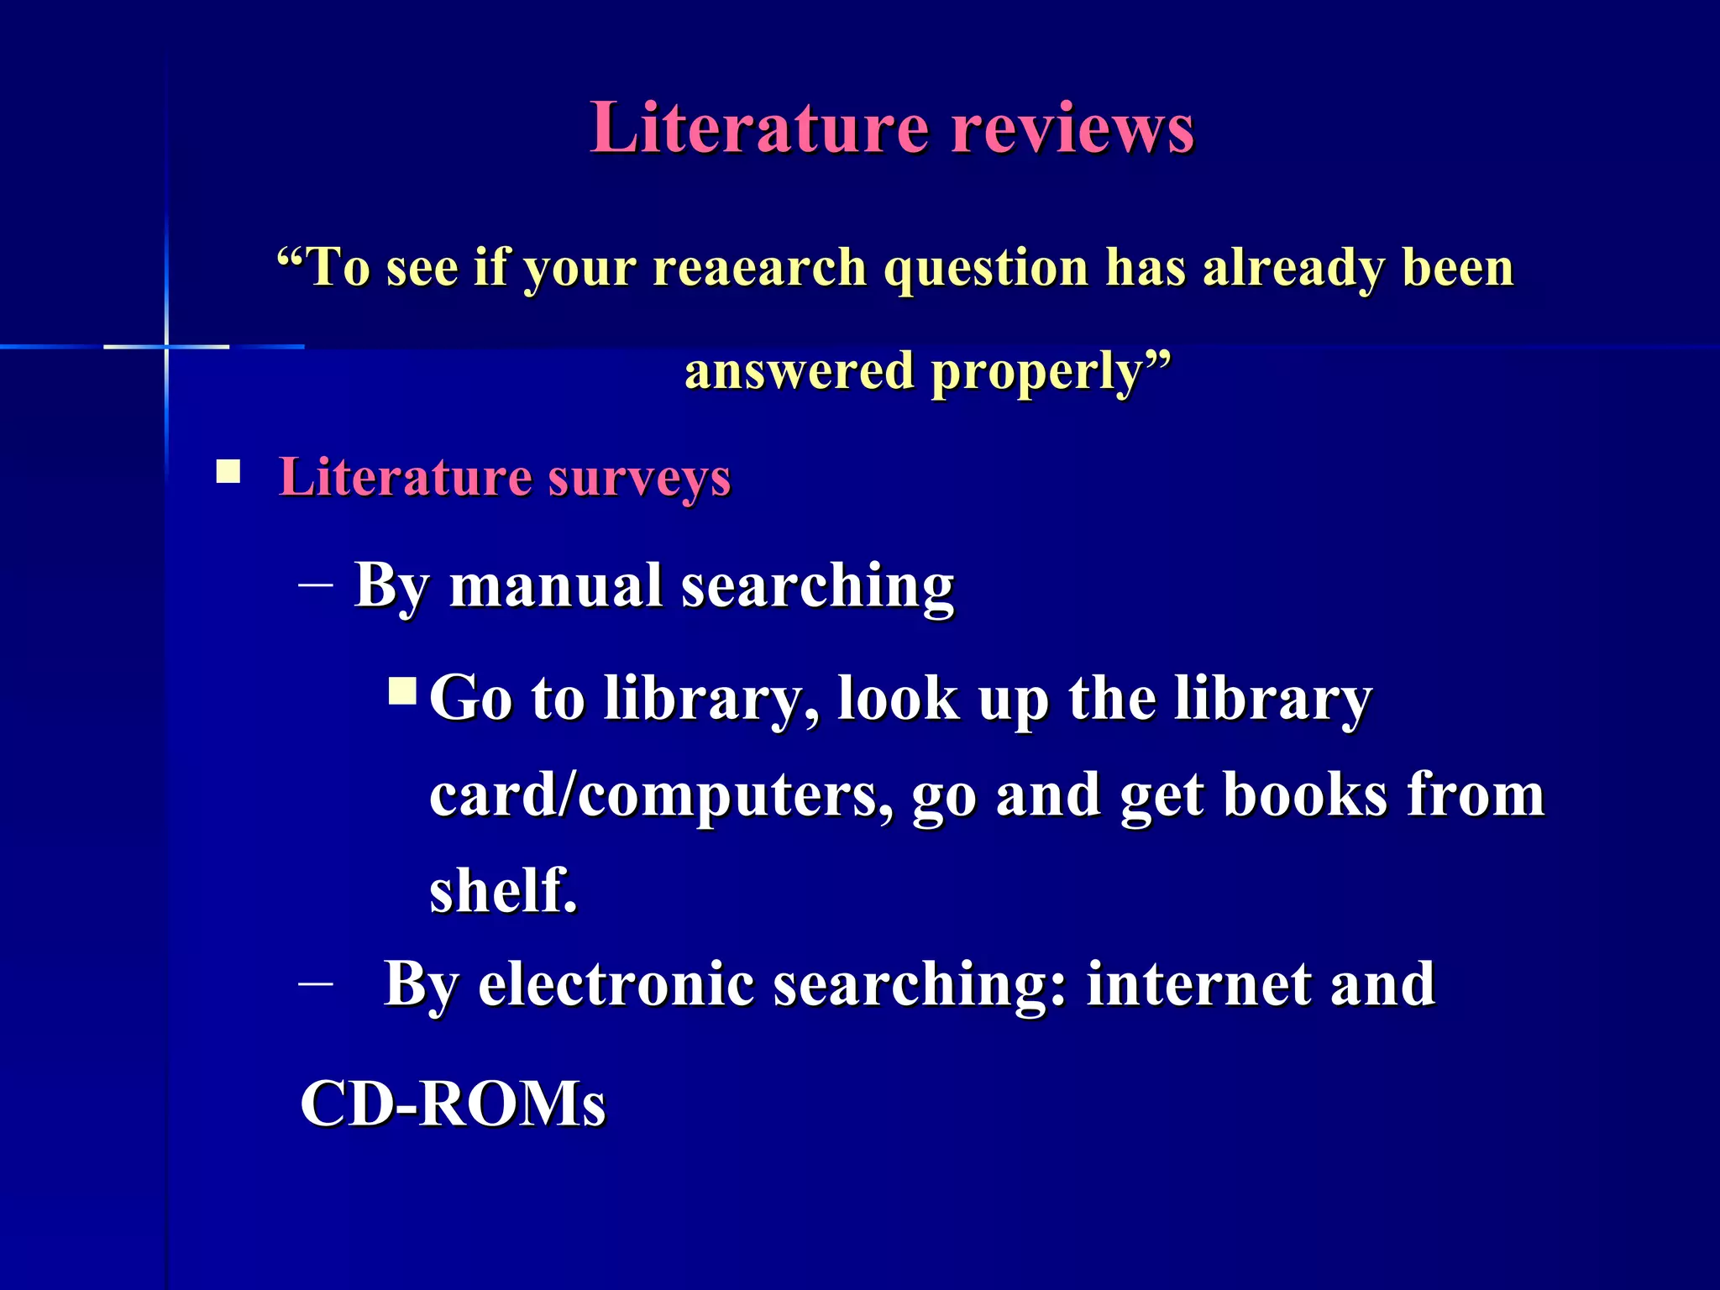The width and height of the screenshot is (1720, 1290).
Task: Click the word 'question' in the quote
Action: pos(986,269)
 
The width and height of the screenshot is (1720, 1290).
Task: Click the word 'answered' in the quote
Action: pos(799,371)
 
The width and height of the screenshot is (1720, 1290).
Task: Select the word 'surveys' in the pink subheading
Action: pos(639,479)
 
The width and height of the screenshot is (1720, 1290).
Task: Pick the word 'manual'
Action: pos(556,585)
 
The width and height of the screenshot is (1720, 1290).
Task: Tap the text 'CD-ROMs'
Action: pos(453,1103)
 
